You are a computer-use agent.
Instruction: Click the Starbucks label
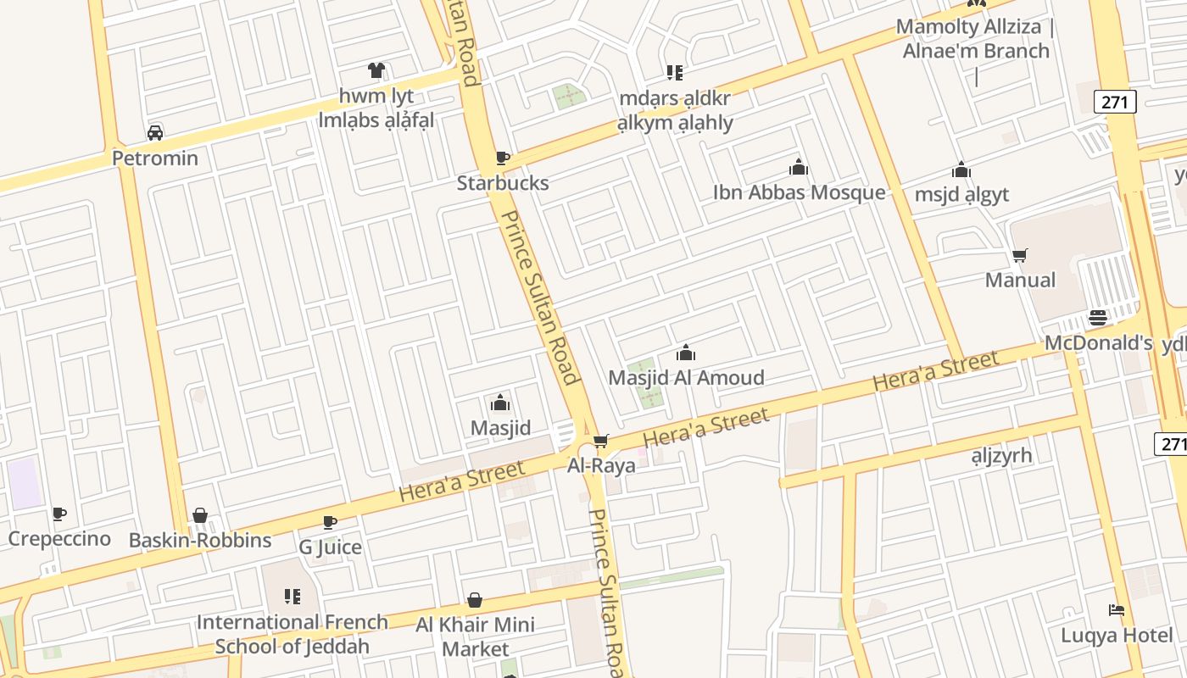click(503, 183)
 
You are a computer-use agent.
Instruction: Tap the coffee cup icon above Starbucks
click(503, 158)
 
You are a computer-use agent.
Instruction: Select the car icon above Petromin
click(155, 133)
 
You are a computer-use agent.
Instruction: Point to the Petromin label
click(155, 158)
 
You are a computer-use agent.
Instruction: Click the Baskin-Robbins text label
click(200, 541)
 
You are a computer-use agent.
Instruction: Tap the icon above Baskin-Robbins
click(200, 515)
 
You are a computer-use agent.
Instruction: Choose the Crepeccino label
click(59, 539)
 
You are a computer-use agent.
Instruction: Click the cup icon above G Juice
click(330, 523)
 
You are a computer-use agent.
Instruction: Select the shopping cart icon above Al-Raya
click(601, 441)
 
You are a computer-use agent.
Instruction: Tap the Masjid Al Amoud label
click(686, 378)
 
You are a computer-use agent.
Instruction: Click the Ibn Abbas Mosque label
click(799, 192)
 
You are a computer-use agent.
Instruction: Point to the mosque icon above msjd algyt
click(961, 170)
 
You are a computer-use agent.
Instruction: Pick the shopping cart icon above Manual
click(1020, 255)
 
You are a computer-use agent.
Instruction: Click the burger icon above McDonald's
click(1098, 319)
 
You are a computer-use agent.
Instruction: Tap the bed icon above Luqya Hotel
click(1117, 610)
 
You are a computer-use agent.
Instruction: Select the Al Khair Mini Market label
click(475, 636)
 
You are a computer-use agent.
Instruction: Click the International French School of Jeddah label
click(293, 634)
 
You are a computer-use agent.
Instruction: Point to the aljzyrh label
click(1001, 456)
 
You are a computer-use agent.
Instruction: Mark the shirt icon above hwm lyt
click(376, 70)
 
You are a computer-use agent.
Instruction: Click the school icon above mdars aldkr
click(674, 73)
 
